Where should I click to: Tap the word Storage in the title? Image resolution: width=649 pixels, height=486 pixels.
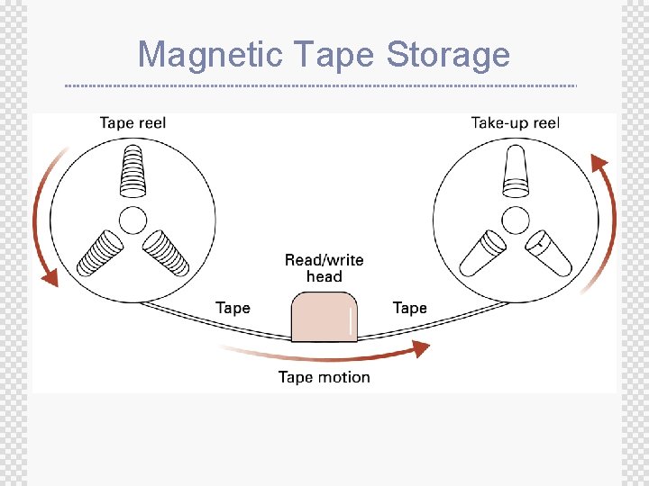click(448, 56)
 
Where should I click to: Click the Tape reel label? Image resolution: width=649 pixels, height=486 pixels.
click(133, 122)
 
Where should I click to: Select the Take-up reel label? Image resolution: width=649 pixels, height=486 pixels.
click(515, 122)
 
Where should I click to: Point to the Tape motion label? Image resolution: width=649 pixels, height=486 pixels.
click(324, 377)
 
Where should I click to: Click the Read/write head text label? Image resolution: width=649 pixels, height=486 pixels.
click(324, 268)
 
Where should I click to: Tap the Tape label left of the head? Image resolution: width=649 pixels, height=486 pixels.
click(233, 308)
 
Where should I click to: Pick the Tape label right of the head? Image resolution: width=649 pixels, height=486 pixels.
click(409, 308)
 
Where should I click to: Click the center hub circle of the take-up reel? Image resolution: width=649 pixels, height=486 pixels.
click(515, 219)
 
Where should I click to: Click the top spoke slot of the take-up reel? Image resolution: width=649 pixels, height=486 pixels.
click(516, 172)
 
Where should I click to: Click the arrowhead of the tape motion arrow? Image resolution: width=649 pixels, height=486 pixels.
click(420, 349)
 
